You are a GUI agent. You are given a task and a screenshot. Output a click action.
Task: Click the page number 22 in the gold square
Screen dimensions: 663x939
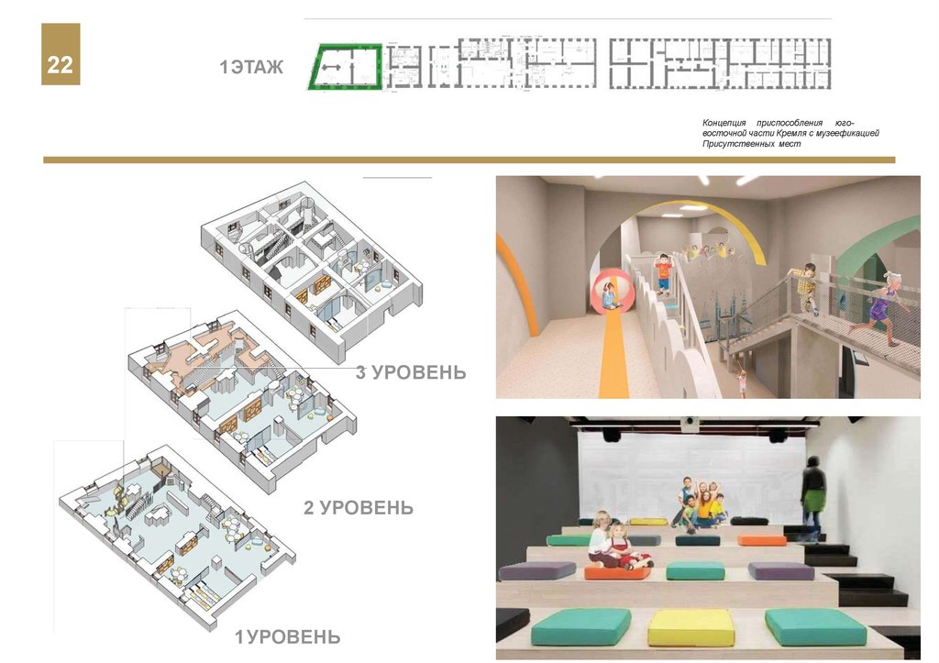tap(61, 65)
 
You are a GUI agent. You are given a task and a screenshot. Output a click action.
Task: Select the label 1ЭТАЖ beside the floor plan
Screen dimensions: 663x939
tap(251, 67)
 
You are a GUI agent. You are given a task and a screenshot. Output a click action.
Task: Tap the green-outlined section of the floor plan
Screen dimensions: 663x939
tap(345, 68)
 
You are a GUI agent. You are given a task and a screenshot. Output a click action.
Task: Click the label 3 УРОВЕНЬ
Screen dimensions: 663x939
tap(411, 372)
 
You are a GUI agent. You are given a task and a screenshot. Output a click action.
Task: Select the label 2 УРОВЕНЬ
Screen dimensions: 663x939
tap(359, 507)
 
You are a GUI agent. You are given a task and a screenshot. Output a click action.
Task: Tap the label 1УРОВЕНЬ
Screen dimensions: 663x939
tap(287, 636)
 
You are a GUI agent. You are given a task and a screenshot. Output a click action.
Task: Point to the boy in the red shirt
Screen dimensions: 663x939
tap(664, 275)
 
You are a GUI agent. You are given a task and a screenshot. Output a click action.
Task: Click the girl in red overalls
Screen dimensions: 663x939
tap(624, 548)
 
